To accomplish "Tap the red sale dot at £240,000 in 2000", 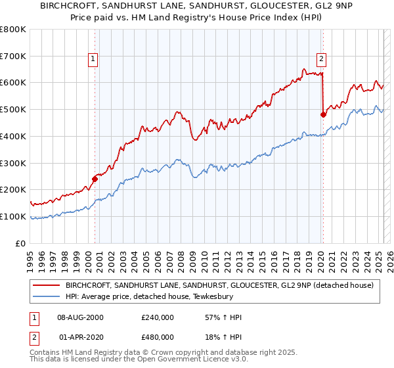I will click(x=95, y=178).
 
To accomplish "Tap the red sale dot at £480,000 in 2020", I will click(x=323, y=114).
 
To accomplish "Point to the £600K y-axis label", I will click(x=13, y=83).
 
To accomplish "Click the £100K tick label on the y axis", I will click(x=13, y=216).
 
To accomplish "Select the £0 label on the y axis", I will click(x=21, y=243).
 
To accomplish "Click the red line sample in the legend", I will click(x=48, y=285).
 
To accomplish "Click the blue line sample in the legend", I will click(x=48, y=296).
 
